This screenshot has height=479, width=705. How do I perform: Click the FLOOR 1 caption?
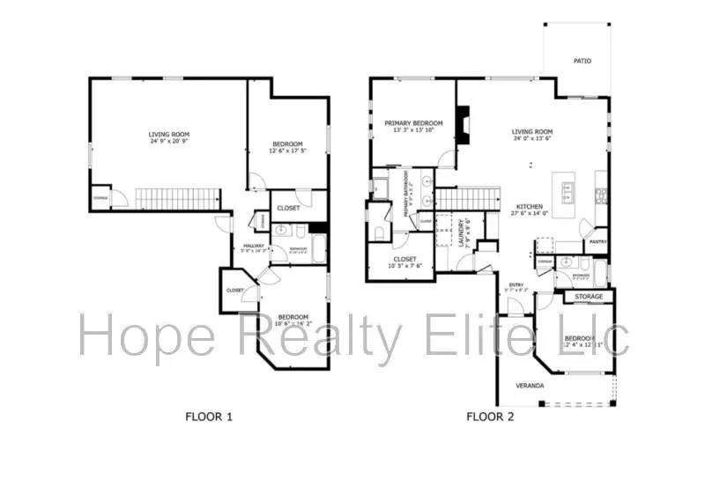point(208,416)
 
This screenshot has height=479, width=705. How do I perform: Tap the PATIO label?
point(582,62)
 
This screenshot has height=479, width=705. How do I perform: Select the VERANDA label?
point(530,386)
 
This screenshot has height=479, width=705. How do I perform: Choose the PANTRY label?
point(597,241)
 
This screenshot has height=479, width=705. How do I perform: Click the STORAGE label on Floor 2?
point(589,297)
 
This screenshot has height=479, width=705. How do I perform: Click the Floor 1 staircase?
point(175,198)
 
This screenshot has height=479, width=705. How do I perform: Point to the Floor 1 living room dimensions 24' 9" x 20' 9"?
point(168,141)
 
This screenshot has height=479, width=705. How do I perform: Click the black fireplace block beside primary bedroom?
point(462,125)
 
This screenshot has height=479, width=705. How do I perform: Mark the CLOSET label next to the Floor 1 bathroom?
point(288,208)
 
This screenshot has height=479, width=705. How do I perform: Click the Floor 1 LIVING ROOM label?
point(168,134)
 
